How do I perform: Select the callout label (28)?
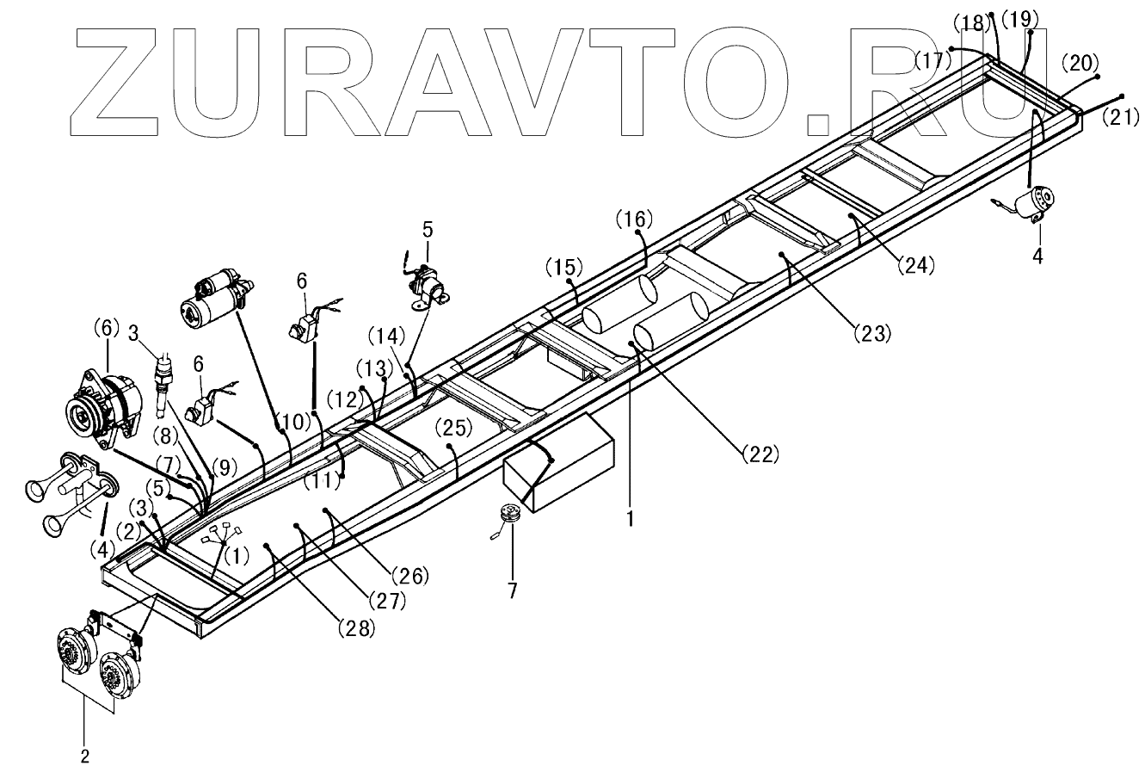356,629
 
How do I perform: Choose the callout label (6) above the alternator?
107,327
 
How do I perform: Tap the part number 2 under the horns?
85,756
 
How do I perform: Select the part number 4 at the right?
1038,256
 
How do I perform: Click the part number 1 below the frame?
631,520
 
